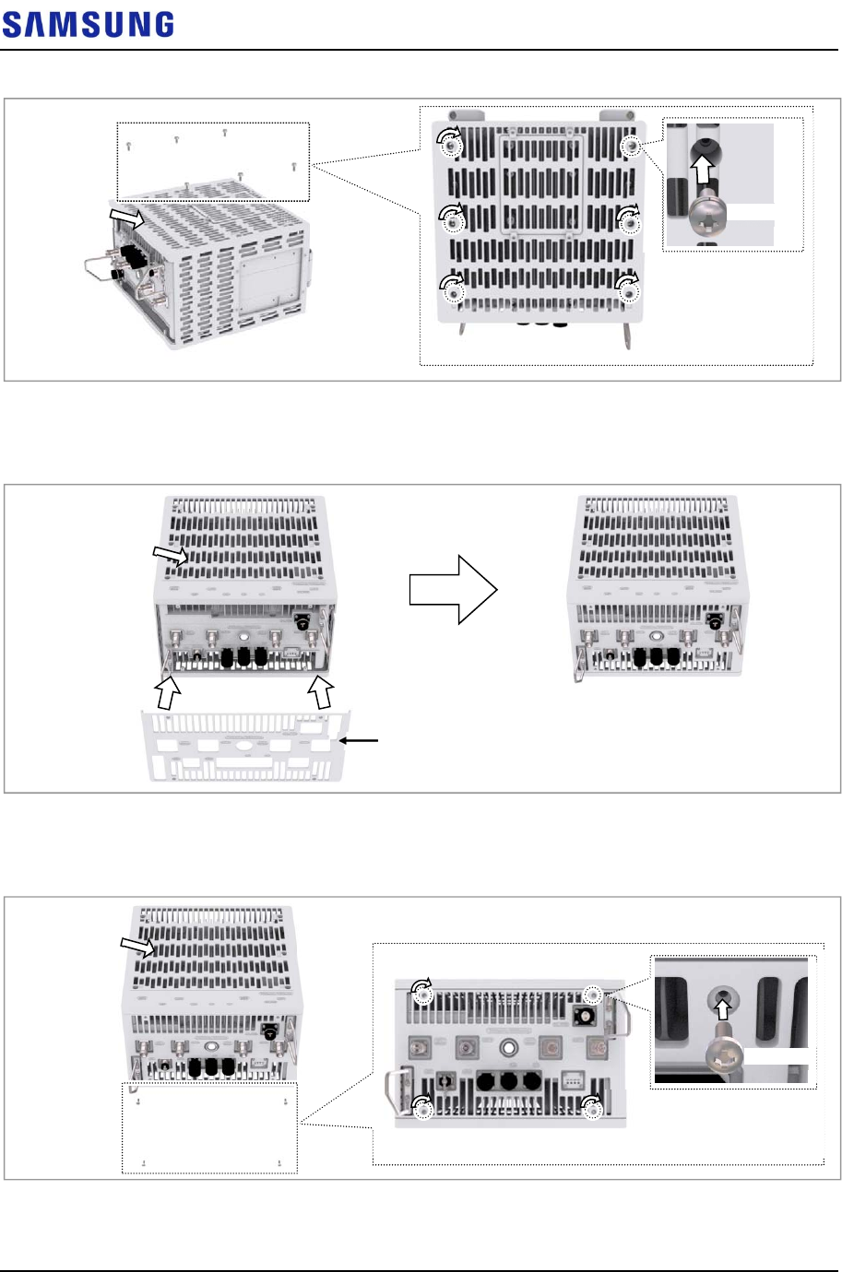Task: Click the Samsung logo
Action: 88,24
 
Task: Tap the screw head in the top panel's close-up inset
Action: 706,213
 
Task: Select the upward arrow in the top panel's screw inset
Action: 705,171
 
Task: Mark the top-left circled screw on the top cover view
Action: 450,143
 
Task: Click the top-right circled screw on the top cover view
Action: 632,146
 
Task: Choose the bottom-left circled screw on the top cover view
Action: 454,291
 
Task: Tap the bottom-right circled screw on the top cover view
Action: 630,291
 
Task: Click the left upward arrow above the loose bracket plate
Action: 167,690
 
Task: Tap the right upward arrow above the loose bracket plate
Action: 321,689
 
